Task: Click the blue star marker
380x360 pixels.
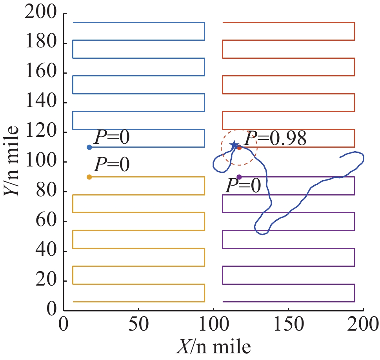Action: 235,145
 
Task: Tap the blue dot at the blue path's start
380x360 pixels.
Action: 89,147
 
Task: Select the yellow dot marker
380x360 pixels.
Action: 89,177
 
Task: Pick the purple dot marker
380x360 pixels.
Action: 239,177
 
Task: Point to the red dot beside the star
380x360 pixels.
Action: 239,147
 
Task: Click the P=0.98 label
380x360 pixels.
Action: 275,138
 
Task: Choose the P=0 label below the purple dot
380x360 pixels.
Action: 243,186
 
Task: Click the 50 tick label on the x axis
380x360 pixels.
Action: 138,325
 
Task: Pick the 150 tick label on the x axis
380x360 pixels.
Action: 288,325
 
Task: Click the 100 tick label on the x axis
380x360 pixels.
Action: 213,325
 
